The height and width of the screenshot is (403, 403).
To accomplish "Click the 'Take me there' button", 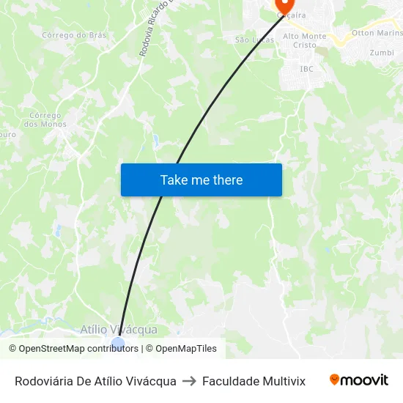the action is pyautogui.click(x=202, y=180).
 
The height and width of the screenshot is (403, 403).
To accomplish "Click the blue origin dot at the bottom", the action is pyautogui.click(x=118, y=343).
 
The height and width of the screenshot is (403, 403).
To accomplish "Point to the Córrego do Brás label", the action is pyautogui.click(x=74, y=34).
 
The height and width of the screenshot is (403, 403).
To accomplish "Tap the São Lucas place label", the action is pyautogui.click(x=254, y=40).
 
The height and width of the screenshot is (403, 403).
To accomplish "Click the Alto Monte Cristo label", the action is pyautogui.click(x=305, y=40).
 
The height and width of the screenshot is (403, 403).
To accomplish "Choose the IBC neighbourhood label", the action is pyautogui.click(x=306, y=69).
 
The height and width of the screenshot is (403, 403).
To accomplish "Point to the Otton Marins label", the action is pyautogui.click(x=377, y=33).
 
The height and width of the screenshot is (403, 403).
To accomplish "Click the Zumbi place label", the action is pyautogui.click(x=382, y=53).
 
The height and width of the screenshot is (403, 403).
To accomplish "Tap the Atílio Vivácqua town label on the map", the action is pyautogui.click(x=118, y=330).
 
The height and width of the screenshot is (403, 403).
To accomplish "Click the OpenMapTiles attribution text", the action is pyautogui.click(x=185, y=349).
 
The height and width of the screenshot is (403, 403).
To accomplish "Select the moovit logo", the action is pyautogui.click(x=359, y=380).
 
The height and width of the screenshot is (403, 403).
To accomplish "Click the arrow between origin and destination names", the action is pyautogui.click(x=189, y=381).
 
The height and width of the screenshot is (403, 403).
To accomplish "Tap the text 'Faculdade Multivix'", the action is pyautogui.click(x=254, y=381).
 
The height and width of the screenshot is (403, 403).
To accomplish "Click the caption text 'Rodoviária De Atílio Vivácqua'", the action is pyautogui.click(x=95, y=381).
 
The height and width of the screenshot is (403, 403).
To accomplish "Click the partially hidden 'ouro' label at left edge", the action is pyautogui.click(x=7, y=135).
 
